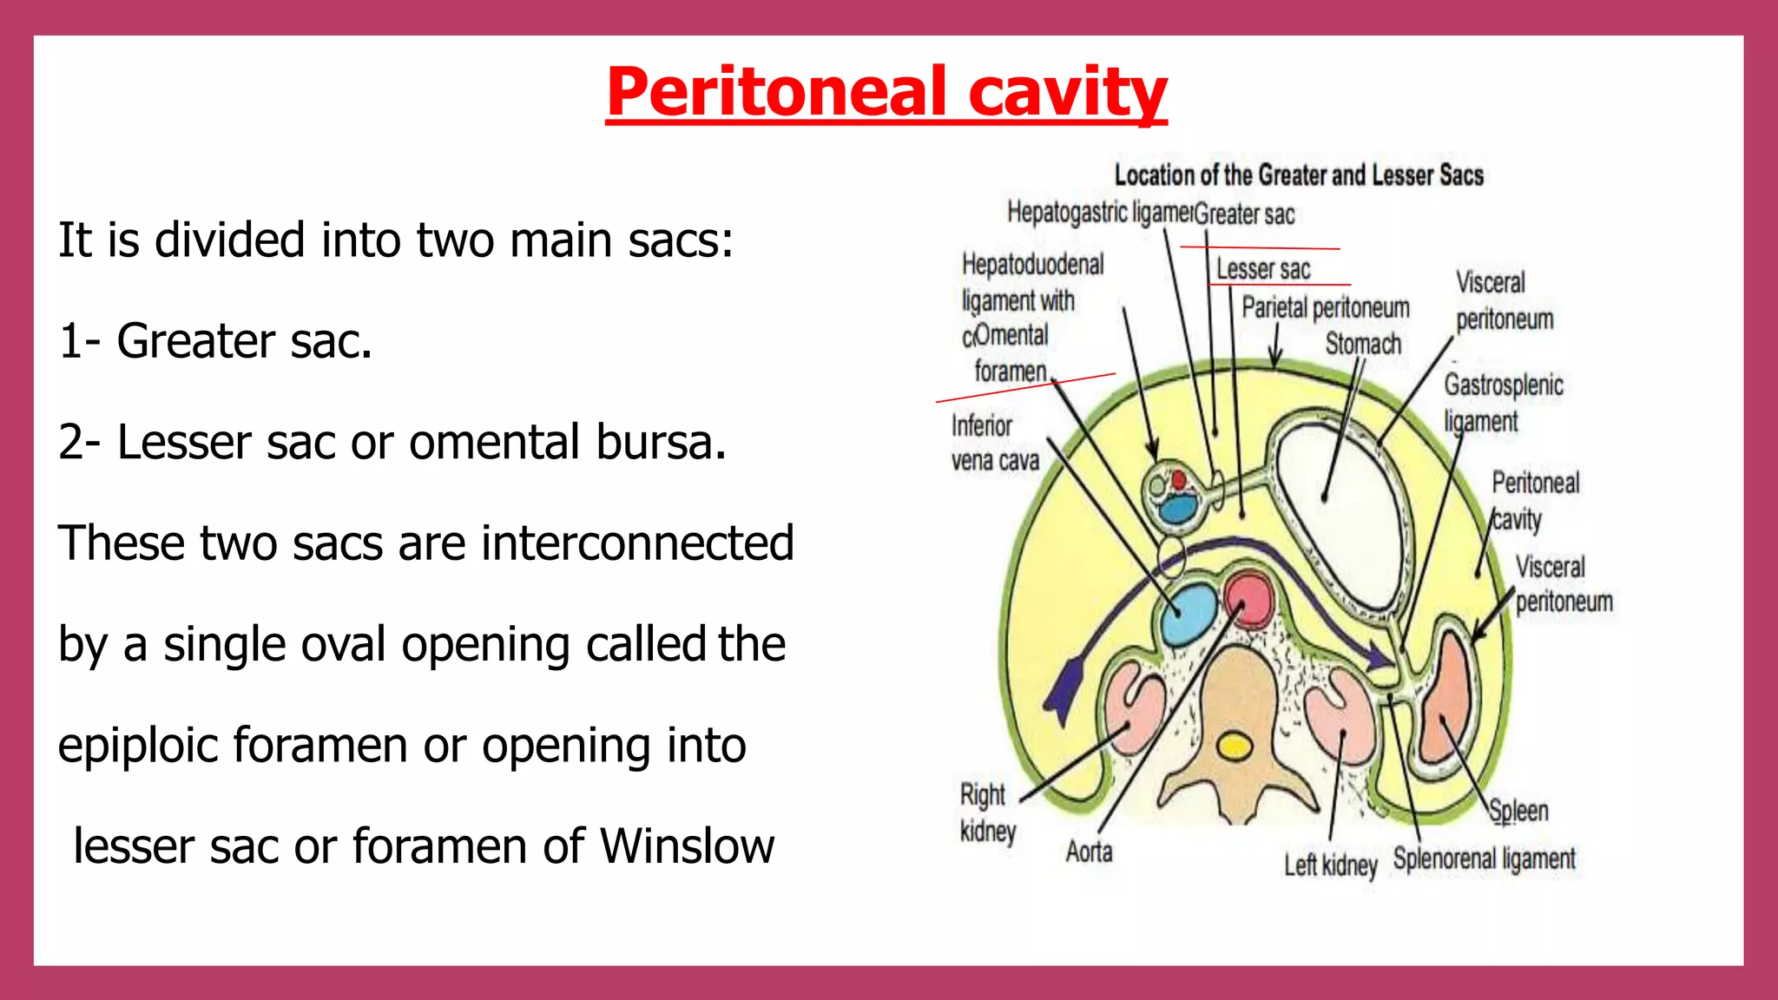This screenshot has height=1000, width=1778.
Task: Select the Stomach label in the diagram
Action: tap(1363, 344)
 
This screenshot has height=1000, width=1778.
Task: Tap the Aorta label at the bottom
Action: tap(1089, 852)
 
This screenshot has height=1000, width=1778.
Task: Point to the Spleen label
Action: tap(1518, 811)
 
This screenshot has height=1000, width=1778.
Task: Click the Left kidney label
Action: tap(1331, 865)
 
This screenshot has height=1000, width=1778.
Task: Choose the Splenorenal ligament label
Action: tap(1484, 859)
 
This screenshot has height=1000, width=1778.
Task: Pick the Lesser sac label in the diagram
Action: tap(1263, 269)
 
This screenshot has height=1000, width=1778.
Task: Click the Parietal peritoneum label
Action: tap(1326, 307)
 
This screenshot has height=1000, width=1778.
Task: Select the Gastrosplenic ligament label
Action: tap(1503, 403)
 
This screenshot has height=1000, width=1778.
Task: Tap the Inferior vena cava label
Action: tap(995, 443)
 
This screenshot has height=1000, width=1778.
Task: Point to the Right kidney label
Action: tap(987, 812)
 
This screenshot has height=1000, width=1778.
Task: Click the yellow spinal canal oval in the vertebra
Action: tap(1234, 747)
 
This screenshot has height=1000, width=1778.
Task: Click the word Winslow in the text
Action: tap(687, 846)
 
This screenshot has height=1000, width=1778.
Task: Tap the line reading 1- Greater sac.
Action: tap(215, 340)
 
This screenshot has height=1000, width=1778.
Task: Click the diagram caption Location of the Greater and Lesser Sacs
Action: tap(1299, 175)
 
